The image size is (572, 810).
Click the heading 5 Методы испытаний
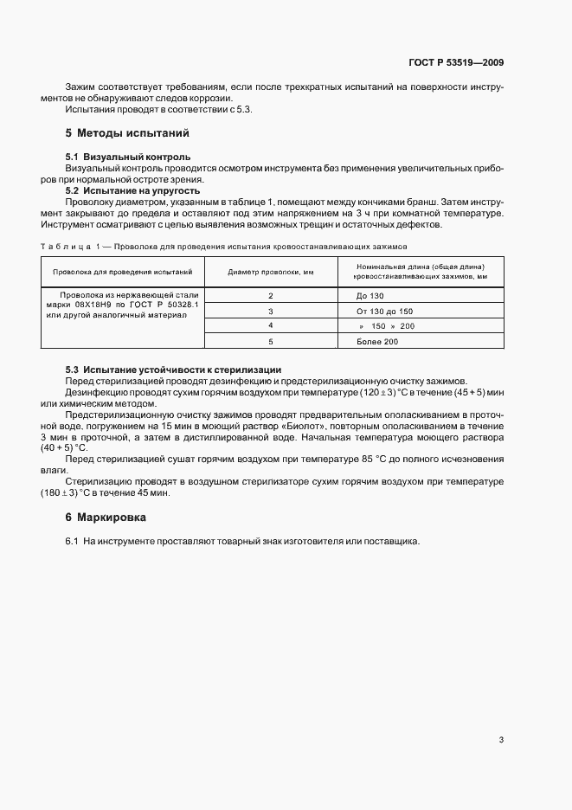[127, 133]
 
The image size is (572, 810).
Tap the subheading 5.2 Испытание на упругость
[133, 190]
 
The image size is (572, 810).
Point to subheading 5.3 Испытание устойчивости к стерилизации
[173, 370]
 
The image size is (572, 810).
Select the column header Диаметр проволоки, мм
[270, 272]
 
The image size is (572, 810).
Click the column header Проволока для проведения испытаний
[122, 272]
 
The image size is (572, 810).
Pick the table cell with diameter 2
[271, 295]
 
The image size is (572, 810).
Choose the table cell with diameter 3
[271, 311]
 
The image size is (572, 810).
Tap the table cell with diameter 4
[271, 325]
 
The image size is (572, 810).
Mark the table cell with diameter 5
[271, 341]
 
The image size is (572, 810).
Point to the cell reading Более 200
[377, 341]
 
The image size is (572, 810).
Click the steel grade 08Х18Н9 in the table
[96, 305]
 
